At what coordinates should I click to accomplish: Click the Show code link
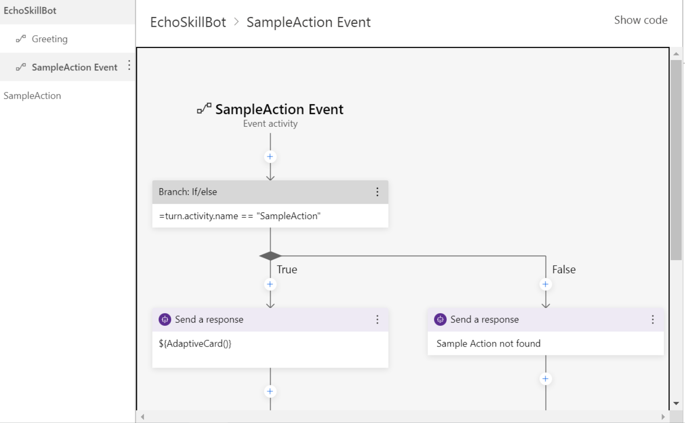(x=640, y=20)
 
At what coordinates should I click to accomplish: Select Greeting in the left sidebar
(x=49, y=39)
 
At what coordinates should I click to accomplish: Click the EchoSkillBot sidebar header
(x=30, y=10)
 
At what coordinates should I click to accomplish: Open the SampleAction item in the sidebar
(x=32, y=96)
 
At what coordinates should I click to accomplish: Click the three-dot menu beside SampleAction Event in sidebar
(x=129, y=66)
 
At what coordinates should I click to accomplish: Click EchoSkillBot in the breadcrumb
(x=188, y=22)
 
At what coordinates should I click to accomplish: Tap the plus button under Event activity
(x=270, y=157)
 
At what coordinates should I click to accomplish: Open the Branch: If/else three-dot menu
(x=377, y=192)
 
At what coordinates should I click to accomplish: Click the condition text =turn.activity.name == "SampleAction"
(x=239, y=216)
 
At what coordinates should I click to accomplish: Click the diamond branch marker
(x=270, y=256)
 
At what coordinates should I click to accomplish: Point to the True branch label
(x=287, y=269)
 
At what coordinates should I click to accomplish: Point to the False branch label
(x=563, y=269)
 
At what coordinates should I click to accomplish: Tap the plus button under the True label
(x=270, y=284)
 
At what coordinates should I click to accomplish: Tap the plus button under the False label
(x=545, y=284)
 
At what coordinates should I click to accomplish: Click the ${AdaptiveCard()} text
(x=195, y=344)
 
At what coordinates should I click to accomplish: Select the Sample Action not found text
(x=488, y=344)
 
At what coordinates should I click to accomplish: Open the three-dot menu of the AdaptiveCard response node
(x=377, y=319)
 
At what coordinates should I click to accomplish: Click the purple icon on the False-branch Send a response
(x=440, y=319)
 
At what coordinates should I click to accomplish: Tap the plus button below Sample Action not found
(x=545, y=379)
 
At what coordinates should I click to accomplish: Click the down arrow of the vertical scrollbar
(x=676, y=403)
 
